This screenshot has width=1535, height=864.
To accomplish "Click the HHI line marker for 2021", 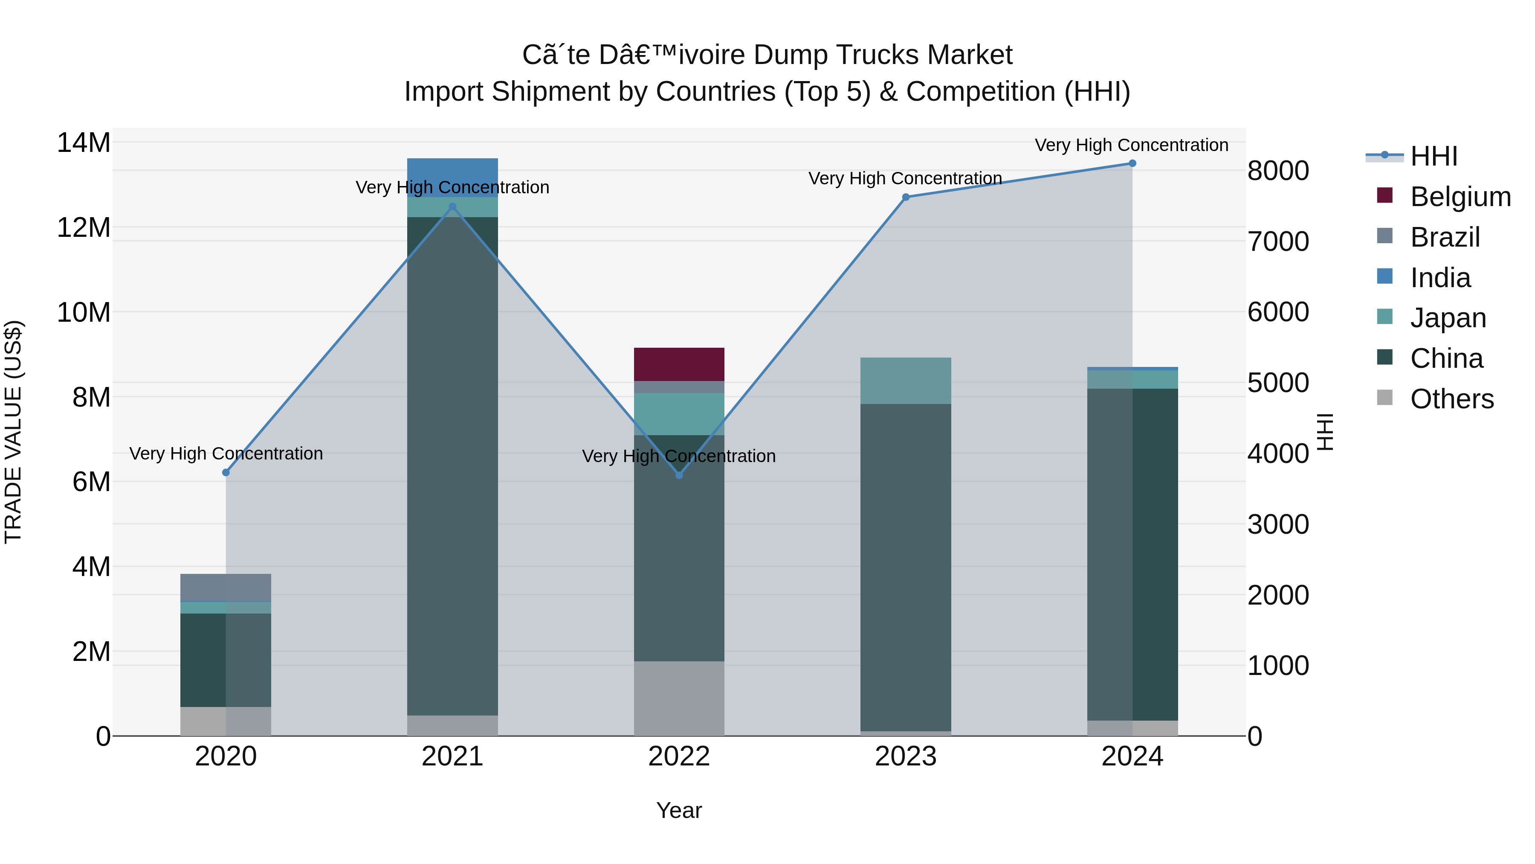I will (x=452, y=207).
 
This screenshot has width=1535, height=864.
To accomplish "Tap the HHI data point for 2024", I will (x=1132, y=163).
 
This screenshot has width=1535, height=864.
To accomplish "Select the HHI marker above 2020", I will (x=226, y=473).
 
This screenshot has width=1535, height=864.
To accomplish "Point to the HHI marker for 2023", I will (x=906, y=198).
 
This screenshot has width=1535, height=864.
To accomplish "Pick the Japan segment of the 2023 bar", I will (x=906, y=381).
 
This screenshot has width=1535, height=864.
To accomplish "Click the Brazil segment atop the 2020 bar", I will (x=226, y=588).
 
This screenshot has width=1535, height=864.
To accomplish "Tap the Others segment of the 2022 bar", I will (x=679, y=698).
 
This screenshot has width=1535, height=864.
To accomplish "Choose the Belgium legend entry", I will (x=1460, y=197).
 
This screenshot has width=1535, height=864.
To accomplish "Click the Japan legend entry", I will (x=1448, y=318).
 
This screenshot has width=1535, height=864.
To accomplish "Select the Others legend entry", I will (x=1451, y=399).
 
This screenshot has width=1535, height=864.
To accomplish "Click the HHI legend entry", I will (x=1434, y=156).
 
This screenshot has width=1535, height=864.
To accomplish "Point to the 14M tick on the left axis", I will (x=84, y=143).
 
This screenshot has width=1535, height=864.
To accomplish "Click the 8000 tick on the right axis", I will (x=1278, y=171).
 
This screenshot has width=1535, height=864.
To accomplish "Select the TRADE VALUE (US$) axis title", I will (x=13, y=432).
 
